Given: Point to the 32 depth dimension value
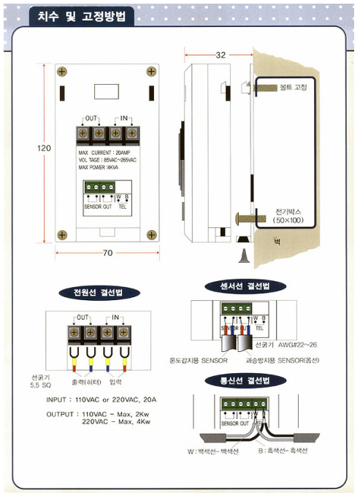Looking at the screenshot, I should pyautogui.click(x=221, y=55).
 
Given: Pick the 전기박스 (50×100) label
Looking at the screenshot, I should pyautogui.click(x=293, y=214).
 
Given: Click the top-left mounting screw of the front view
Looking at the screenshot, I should pyautogui.click(x=62, y=72).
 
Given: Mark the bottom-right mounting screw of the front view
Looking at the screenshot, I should pyautogui.click(x=151, y=235).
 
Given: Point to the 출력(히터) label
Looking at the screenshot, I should pyautogui.click(x=85, y=382).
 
